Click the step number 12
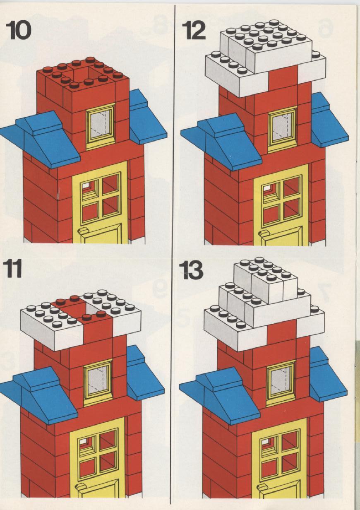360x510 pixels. point(194,30)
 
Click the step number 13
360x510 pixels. point(191,270)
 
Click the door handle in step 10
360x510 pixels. point(83,231)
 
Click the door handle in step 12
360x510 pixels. point(265,233)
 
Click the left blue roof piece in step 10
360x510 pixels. point(41,140)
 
